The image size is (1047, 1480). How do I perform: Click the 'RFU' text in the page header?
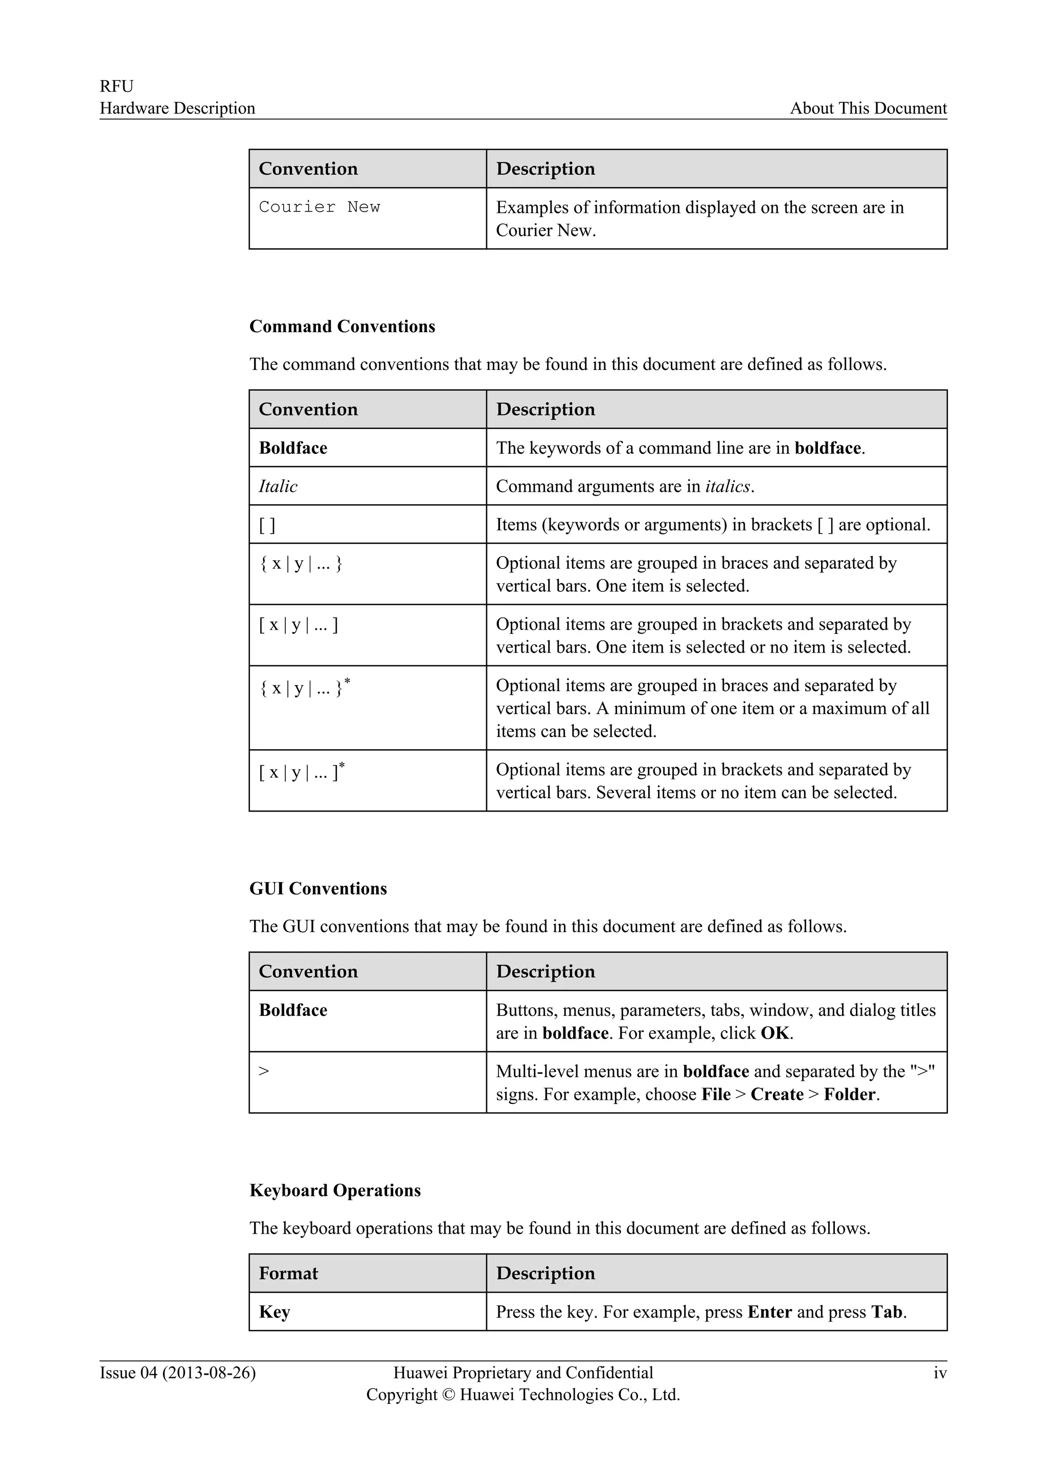116,86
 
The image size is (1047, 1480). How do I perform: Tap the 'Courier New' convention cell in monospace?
319,207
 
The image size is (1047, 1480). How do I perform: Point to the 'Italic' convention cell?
278,486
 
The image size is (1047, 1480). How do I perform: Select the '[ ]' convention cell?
267,525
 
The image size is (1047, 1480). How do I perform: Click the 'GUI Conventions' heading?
318,888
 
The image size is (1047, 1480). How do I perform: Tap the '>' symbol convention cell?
264,1071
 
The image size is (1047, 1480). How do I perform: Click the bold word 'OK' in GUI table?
775,1033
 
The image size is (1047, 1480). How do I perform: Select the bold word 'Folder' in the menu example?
850,1095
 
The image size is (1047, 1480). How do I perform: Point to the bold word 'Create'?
777,1095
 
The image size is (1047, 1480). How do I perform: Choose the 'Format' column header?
288,1273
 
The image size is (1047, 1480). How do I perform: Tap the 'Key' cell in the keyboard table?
274,1312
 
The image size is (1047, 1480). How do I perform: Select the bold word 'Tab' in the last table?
886,1312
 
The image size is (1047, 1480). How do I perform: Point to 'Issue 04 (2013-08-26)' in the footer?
177,1373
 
